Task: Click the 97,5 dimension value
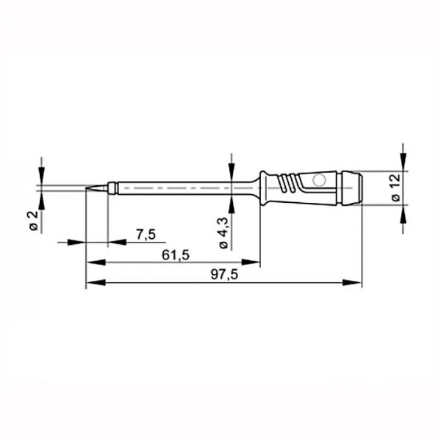pyautogui.click(x=224, y=275)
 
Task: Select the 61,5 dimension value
pyautogui.click(x=176, y=255)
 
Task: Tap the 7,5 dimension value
pyautogui.click(x=146, y=234)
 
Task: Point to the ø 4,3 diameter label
pyautogui.click(x=223, y=233)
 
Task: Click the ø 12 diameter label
pyautogui.click(x=395, y=187)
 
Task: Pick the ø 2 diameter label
pyautogui.click(x=34, y=220)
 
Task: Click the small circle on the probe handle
pyautogui.click(x=319, y=180)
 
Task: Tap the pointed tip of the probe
pyautogui.click(x=86, y=188)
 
